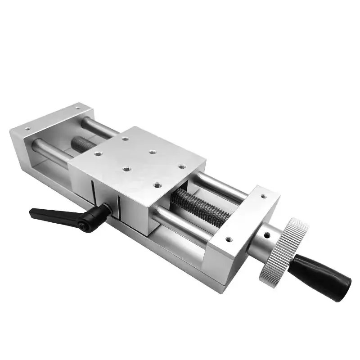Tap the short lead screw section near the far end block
point(83,144)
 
